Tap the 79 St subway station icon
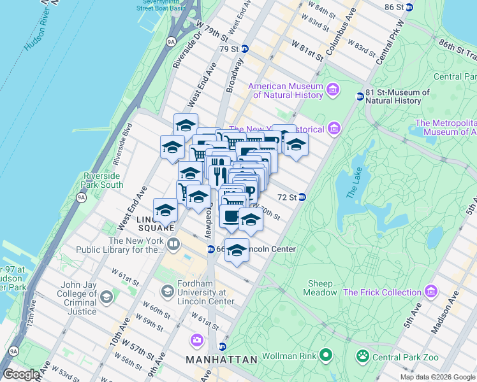coord(245,48)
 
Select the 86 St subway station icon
coord(409,7)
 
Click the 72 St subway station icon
coord(303,197)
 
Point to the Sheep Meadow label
coord(319,288)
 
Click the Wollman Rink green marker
coord(326,355)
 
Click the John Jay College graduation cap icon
coord(106,297)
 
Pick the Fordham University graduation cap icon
coord(167,292)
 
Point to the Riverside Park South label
coord(103,180)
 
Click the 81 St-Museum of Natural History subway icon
coord(360,97)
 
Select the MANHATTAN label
coord(221,360)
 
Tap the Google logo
coord(20,374)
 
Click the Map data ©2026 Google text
coord(437,377)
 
